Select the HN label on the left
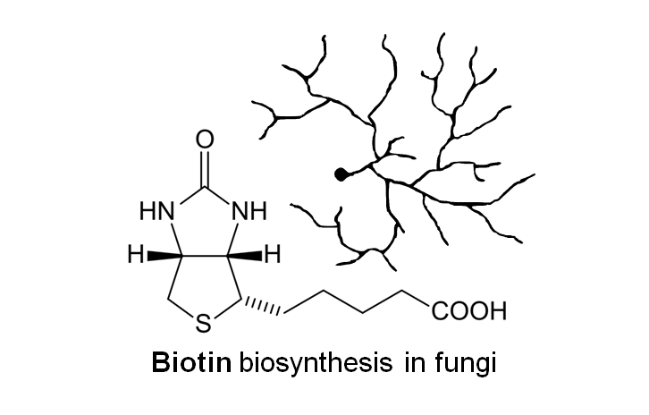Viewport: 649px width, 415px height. click(x=157, y=212)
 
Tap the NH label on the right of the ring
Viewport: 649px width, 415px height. click(x=250, y=212)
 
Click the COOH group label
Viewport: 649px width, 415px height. click(x=468, y=312)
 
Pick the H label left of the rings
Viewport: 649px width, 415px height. click(x=135, y=256)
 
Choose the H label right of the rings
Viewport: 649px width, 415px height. click(x=274, y=256)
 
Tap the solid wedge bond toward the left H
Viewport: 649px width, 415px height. click(x=164, y=256)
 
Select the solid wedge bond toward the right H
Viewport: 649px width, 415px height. click(x=247, y=256)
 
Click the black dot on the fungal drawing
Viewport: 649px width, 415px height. click(x=340, y=175)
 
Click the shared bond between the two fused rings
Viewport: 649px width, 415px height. click(x=205, y=256)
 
